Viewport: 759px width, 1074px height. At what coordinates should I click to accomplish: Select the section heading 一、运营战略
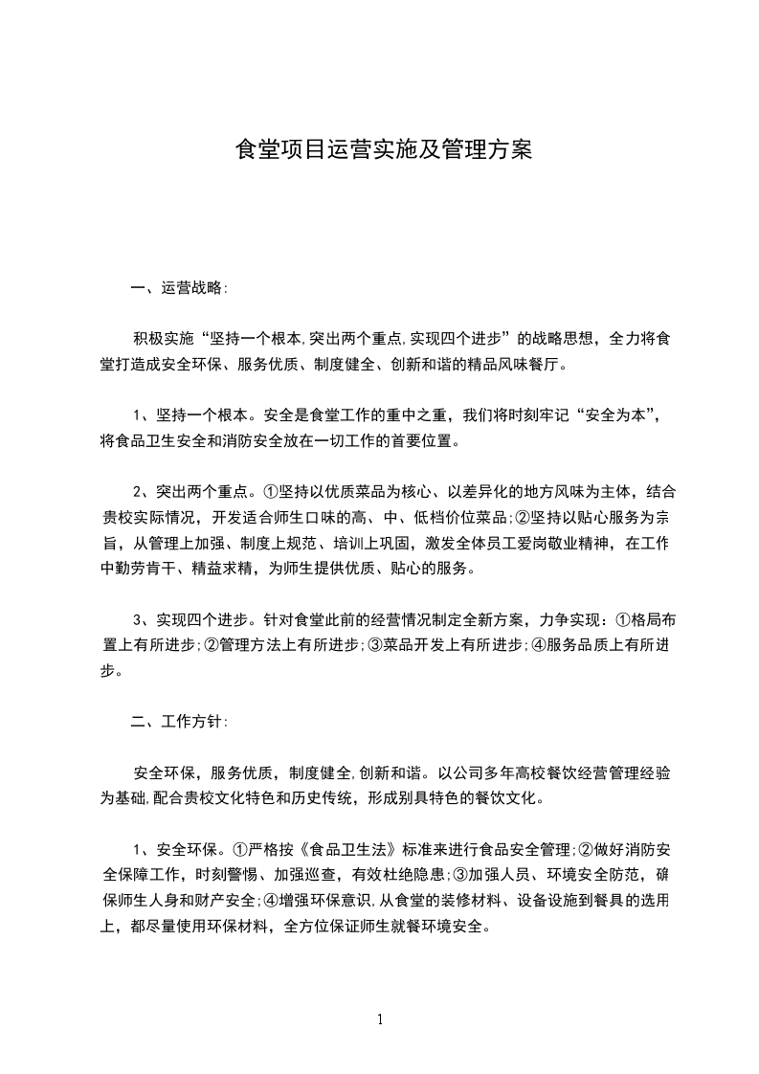click(179, 287)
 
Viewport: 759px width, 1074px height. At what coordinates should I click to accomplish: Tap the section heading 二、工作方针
click(179, 722)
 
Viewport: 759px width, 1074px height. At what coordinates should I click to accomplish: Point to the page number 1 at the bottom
click(380, 1019)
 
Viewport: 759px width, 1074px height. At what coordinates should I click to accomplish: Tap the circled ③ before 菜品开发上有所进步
click(373, 645)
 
